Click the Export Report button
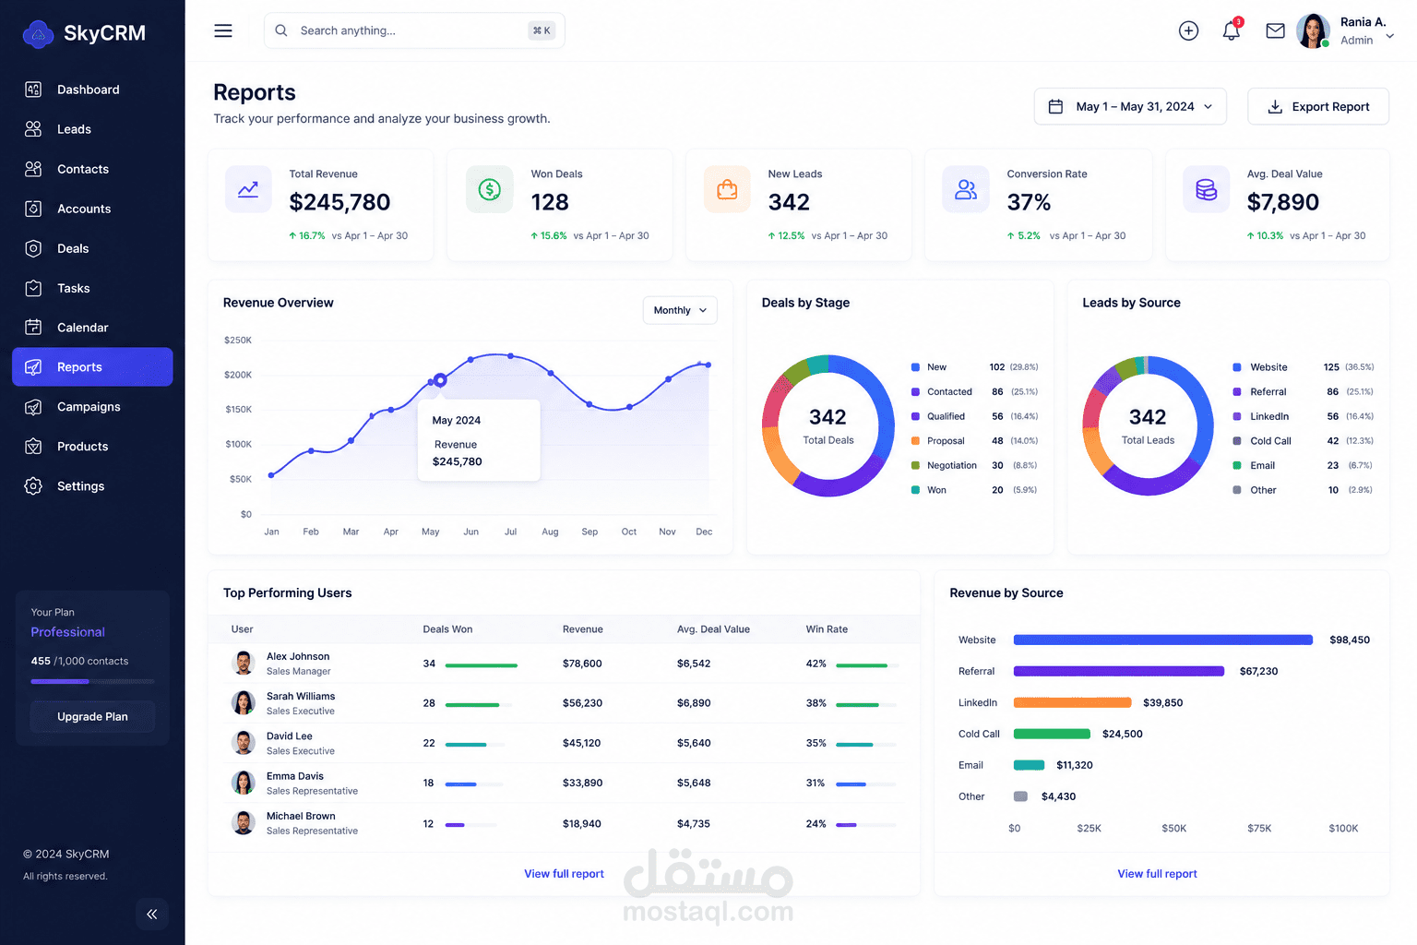[1317, 106]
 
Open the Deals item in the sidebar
[72, 248]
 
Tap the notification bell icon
[1231, 30]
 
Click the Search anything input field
[413, 30]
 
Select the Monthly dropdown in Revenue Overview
[680, 310]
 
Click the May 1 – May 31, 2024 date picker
[1130, 106]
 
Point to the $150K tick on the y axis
[239, 409]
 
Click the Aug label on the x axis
[550, 532]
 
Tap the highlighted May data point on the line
[440, 380]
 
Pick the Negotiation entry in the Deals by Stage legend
[951, 465]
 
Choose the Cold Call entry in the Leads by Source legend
[1270, 440]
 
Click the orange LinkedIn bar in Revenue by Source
[1072, 702]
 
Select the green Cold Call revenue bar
[1052, 734]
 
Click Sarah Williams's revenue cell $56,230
[582, 703]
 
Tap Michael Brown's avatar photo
[243, 823]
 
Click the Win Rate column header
[827, 629]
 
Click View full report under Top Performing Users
[564, 873]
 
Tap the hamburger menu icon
[222, 30]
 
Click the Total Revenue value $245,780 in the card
[339, 202]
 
